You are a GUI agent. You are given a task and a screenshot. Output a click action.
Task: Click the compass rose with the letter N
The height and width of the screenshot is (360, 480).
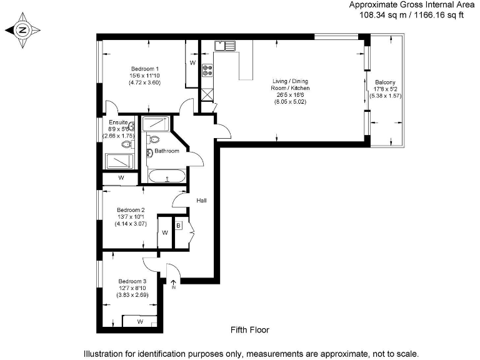point(22,29)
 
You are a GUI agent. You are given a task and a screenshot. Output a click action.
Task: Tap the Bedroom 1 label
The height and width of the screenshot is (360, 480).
point(145,68)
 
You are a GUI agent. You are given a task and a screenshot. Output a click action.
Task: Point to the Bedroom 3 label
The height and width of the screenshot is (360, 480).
point(132,281)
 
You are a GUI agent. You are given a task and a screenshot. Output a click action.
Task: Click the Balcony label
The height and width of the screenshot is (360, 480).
point(385,83)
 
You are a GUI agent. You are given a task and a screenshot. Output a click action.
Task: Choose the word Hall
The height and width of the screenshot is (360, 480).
point(201,201)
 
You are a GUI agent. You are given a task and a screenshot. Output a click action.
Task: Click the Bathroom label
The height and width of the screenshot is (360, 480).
point(167,151)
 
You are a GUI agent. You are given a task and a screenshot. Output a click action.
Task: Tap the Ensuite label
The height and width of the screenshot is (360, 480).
point(118,122)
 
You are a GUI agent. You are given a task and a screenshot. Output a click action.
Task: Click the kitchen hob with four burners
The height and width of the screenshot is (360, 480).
point(207,71)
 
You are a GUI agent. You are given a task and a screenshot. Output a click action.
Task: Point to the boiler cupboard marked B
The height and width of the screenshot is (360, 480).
point(178,226)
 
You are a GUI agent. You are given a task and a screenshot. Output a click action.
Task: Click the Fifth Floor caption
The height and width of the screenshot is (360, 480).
point(249,329)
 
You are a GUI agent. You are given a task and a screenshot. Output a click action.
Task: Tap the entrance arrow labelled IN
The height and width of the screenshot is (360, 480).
point(174,284)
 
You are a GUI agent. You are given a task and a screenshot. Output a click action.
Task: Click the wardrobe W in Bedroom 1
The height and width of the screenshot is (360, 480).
point(192,63)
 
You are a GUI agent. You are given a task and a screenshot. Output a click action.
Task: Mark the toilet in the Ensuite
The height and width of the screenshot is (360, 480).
point(127,144)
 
